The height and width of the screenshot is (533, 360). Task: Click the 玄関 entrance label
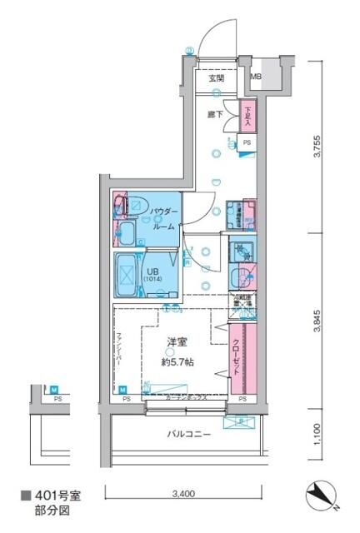click(x=217, y=77)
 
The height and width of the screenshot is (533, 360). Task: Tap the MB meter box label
click(x=257, y=77)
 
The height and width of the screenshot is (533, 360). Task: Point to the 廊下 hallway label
click(x=215, y=114)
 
